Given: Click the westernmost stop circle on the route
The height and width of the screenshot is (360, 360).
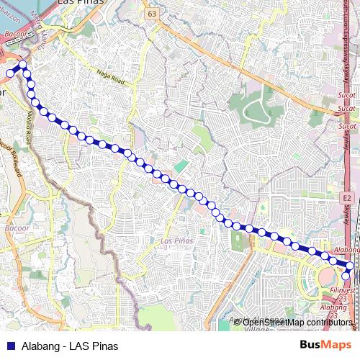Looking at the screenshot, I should point(10,73).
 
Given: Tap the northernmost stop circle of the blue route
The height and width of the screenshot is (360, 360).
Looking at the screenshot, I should point(22,65).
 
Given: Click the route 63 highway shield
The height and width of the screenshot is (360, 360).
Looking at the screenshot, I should point(150,14).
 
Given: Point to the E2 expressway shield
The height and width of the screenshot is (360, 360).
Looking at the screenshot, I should point(347,197).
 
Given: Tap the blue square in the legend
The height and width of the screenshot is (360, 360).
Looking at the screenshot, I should point(9,344).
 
